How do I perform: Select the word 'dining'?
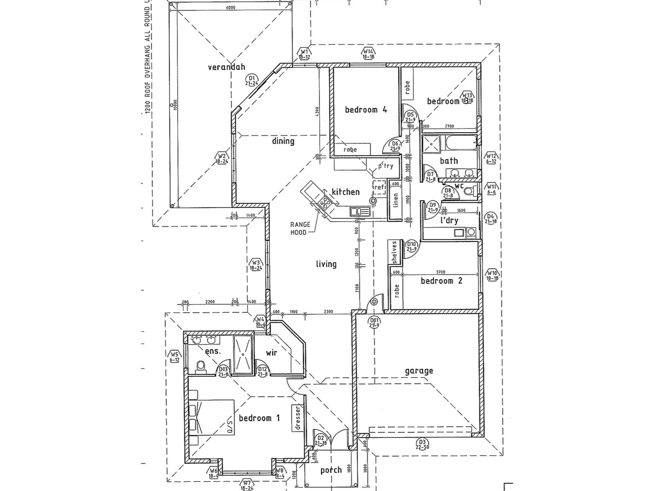(x=283, y=141)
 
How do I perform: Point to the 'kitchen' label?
(x=345, y=192)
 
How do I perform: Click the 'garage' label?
(x=419, y=371)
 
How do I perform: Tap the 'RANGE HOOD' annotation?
(x=300, y=228)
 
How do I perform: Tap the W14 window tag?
(x=368, y=54)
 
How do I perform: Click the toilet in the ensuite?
(x=200, y=366)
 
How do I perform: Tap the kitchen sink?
(x=360, y=211)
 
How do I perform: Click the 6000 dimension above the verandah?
(x=231, y=8)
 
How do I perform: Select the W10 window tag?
(x=492, y=275)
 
